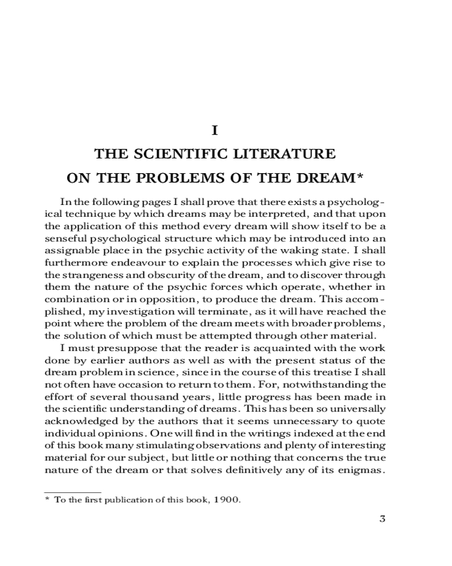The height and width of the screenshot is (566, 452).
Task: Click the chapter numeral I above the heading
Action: click(214, 130)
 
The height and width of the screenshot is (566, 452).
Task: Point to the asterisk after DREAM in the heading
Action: click(359, 176)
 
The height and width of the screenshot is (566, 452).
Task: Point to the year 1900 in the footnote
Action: click(227, 500)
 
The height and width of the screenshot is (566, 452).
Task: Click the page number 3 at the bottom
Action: click(382, 519)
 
